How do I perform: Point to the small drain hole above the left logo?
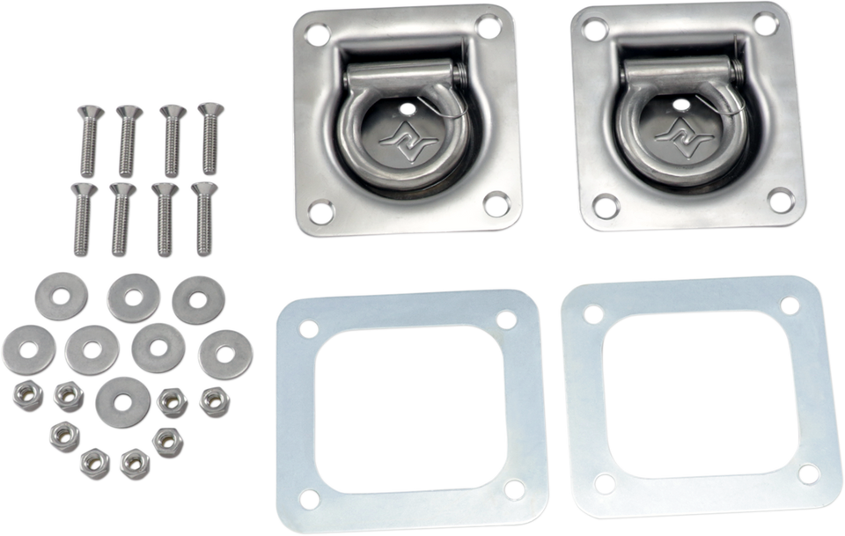(x=407, y=108)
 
